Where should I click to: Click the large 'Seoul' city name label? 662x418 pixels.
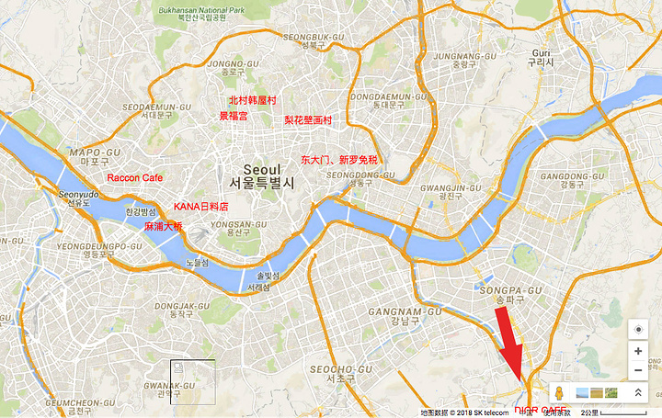click(262, 169)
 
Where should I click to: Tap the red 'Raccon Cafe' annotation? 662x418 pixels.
click(135, 178)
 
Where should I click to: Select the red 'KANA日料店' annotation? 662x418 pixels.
click(200, 208)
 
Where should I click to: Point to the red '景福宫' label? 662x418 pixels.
click(233, 117)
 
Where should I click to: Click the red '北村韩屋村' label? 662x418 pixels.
click(252, 100)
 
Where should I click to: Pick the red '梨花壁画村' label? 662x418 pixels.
click(308, 120)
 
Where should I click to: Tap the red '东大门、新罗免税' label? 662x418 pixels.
click(339, 159)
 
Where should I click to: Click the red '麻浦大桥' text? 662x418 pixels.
click(164, 226)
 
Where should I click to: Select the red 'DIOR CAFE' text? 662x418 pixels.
click(541, 411)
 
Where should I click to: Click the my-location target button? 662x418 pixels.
click(638, 329)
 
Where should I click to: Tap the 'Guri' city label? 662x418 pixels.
click(540, 53)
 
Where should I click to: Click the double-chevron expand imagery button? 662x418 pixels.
click(637, 393)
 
